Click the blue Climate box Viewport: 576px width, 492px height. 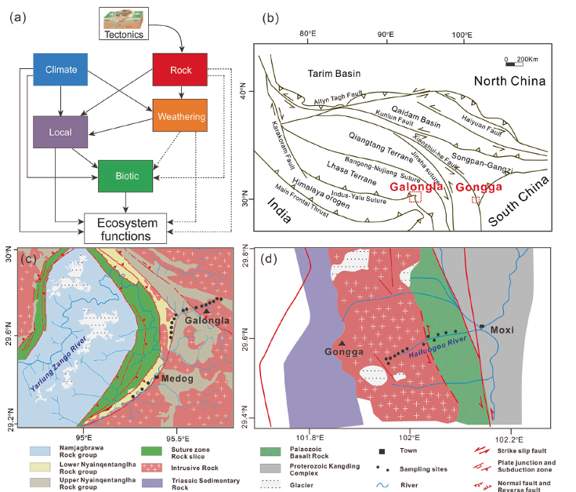(x=60, y=69)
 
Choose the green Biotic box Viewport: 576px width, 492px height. (x=124, y=176)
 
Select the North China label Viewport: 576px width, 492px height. (x=513, y=82)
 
